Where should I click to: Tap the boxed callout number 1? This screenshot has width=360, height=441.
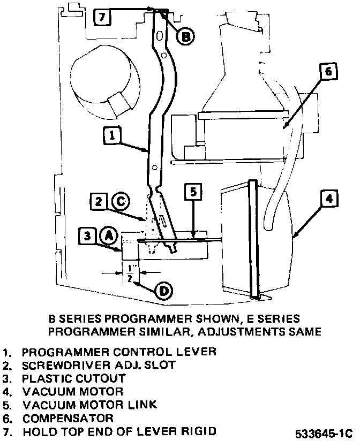(110, 136)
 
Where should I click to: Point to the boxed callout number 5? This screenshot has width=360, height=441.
(193, 191)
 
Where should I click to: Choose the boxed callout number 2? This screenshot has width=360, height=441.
(99, 202)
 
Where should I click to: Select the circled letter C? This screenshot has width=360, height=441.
(121, 201)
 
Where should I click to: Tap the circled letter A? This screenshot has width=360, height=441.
(109, 234)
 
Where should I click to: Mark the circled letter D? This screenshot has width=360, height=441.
(163, 291)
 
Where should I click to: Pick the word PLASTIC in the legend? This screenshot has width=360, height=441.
(48, 378)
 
